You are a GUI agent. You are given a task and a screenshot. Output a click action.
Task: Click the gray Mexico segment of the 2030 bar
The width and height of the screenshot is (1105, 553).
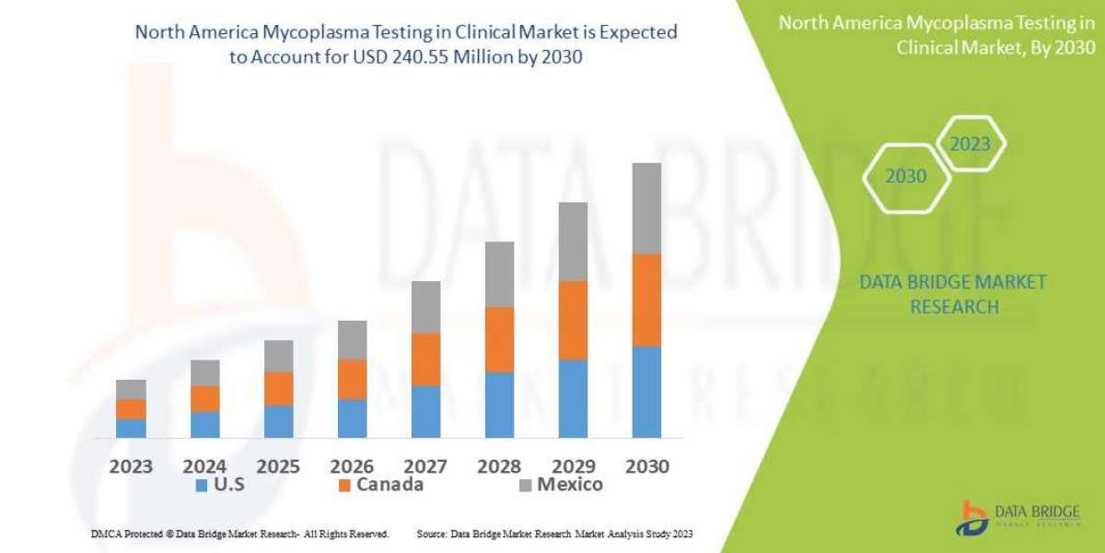(x=646, y=208)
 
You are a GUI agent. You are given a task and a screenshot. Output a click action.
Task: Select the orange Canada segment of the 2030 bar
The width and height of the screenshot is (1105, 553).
(x=646, y=300)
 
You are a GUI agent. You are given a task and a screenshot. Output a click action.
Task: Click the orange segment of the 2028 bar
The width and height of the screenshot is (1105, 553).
(x=499, y=339)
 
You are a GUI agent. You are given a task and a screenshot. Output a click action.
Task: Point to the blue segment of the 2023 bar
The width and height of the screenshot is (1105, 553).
(x=131, y=428)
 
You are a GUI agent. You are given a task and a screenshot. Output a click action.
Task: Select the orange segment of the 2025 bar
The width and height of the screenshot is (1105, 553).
(x=278, y=389)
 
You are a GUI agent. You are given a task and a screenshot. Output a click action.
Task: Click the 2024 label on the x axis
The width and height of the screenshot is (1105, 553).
(x=204, y=465)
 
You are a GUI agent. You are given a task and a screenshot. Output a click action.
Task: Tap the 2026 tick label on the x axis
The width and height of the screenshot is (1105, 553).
(x=352, y=465)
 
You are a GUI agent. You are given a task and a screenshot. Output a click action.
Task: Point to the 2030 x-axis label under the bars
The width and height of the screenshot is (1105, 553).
(x=646, y=465)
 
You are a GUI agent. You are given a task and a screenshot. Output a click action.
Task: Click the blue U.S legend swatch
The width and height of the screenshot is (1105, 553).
(x=201, y=485)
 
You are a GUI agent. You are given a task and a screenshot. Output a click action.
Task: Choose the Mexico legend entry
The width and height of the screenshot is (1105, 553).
(x=560, y=485)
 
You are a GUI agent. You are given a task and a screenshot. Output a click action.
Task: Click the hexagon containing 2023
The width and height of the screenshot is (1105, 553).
(x=970, y=144)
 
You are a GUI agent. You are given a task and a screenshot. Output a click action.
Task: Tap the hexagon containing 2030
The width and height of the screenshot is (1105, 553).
(x=906, y=176)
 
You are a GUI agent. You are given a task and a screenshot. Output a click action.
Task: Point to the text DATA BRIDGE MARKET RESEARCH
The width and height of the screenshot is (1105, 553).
(x=953, y=294)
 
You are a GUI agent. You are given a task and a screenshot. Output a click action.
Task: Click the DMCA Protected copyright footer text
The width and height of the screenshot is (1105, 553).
(x=239, y=534)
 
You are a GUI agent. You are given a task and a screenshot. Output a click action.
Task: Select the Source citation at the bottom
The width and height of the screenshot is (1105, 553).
(x=554, y=534)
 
